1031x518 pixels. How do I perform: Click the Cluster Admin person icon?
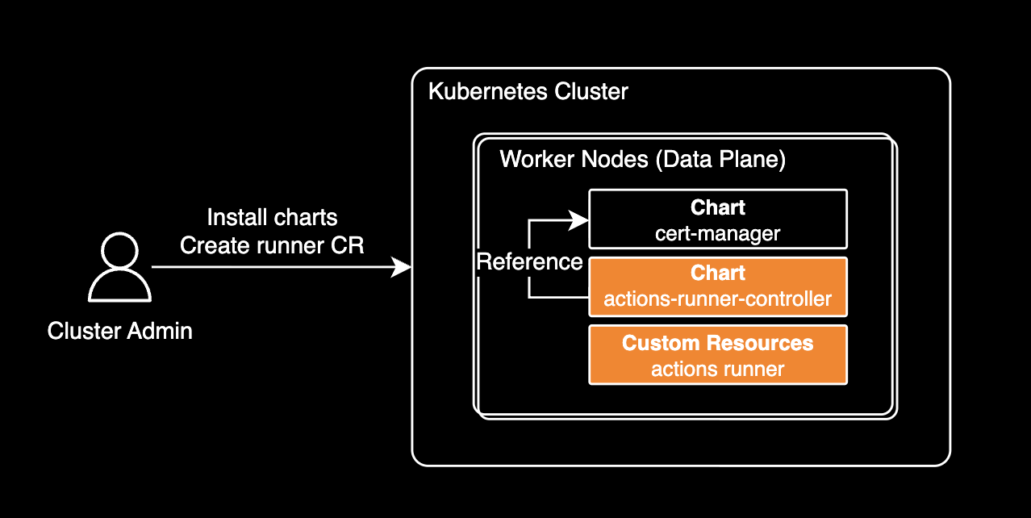[119, 269]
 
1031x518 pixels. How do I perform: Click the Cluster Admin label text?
[119, 331]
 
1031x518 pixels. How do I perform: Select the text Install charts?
[272, 218]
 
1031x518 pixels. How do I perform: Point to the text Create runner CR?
[272, 245]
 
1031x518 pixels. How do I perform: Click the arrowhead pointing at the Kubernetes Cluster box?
[403, 266]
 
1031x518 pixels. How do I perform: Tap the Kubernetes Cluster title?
[528, 91]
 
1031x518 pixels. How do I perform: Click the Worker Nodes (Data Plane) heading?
[642, 159]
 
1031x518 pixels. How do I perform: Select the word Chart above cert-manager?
[717, 208]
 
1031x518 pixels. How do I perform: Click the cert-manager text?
[717, 234]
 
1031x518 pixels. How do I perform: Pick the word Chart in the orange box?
[717, 273]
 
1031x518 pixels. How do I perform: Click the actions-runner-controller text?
[717, 299]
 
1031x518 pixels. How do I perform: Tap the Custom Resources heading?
[717, 343]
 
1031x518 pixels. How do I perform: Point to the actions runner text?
[717, 370]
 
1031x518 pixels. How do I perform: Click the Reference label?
[529, 261]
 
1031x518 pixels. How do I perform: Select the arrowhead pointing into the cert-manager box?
[579, 219]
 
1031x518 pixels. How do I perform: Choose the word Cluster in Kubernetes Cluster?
[591, 91]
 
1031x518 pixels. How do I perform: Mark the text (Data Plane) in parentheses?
[720, 159]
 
